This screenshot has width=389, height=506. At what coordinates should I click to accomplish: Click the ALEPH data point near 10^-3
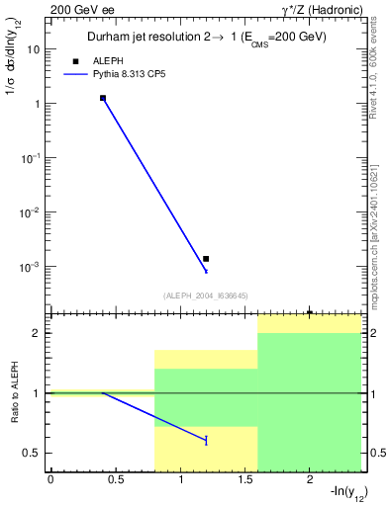pos(206,259)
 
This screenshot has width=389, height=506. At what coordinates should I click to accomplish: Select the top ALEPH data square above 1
pos(103,98)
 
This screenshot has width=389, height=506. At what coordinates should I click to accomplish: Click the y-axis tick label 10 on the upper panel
pos(33,48)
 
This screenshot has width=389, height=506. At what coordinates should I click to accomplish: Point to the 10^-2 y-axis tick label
pos(30,211)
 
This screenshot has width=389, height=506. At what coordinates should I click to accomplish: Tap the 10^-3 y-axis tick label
pos(30,266)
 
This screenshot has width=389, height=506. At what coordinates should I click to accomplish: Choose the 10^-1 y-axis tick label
pos(30,157)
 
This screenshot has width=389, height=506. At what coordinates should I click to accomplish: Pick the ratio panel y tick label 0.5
pos(33,454)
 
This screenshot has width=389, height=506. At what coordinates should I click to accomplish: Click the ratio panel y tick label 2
pos(37,334)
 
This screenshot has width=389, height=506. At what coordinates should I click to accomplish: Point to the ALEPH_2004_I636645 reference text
pos(204,295)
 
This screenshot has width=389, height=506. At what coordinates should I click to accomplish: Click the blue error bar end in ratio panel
pos(206,441)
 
